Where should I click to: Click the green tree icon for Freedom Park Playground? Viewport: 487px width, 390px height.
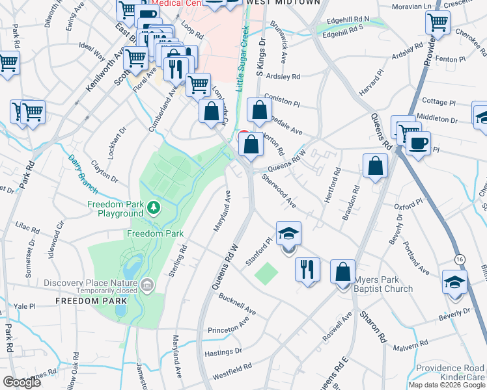click(154, 208)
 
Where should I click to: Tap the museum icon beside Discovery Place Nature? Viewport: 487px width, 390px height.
click(147, 283)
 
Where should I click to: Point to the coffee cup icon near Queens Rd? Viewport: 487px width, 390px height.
click(418, 142)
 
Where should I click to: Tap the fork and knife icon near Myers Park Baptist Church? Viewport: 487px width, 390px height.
click(307, 268)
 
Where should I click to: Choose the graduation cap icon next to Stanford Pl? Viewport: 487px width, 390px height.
click(288, 233)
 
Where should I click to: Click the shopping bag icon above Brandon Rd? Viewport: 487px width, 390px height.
click(376, 166)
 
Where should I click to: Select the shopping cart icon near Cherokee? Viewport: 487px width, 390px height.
click(438, 21)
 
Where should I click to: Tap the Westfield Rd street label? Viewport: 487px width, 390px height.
click(232, 370)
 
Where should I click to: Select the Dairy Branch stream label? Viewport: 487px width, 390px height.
click(83, 174)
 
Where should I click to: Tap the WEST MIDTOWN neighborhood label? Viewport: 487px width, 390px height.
click(283, 3)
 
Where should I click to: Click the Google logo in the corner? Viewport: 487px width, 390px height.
click(22, 382)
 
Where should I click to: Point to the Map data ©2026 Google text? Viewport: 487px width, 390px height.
click(446, 385)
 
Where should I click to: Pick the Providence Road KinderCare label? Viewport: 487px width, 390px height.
click(452, 372)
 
